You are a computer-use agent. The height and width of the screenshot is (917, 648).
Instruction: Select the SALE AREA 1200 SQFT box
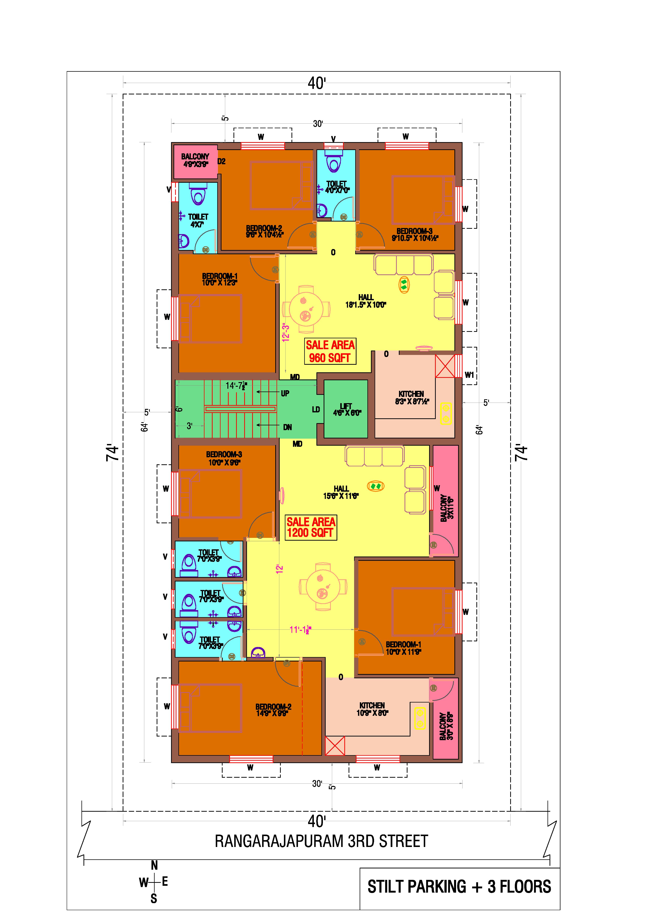coord(311,527)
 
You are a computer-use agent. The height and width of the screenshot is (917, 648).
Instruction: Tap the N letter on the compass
coord(154,865)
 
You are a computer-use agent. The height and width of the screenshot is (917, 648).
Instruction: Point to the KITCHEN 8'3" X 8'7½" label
coord(411,397)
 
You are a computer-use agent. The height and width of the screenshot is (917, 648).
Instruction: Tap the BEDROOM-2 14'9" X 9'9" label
coord(273,710)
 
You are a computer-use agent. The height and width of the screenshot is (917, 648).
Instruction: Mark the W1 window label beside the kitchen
coord(469,375)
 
